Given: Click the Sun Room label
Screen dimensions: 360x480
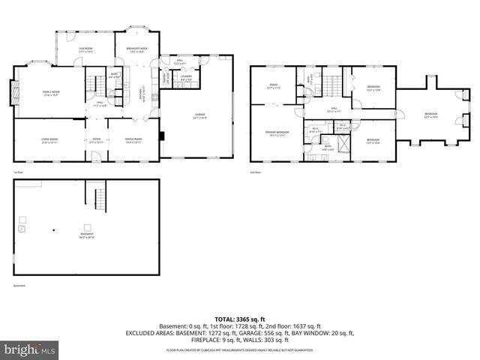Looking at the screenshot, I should coord(86,50).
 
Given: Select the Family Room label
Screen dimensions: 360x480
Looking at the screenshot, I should coord(51,94).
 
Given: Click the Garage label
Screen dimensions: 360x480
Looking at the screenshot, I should coord(200,116).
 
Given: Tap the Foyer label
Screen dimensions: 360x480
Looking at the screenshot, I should coord(96,140).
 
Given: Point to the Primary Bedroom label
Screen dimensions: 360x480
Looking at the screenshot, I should coord(277,133).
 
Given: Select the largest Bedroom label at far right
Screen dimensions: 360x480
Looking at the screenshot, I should coord(430,115).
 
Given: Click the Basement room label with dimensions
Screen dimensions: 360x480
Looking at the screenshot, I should coord(88,235).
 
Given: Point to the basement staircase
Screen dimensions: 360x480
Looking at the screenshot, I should coord(98,198).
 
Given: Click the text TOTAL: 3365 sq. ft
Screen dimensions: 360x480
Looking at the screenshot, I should coord(239,319).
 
